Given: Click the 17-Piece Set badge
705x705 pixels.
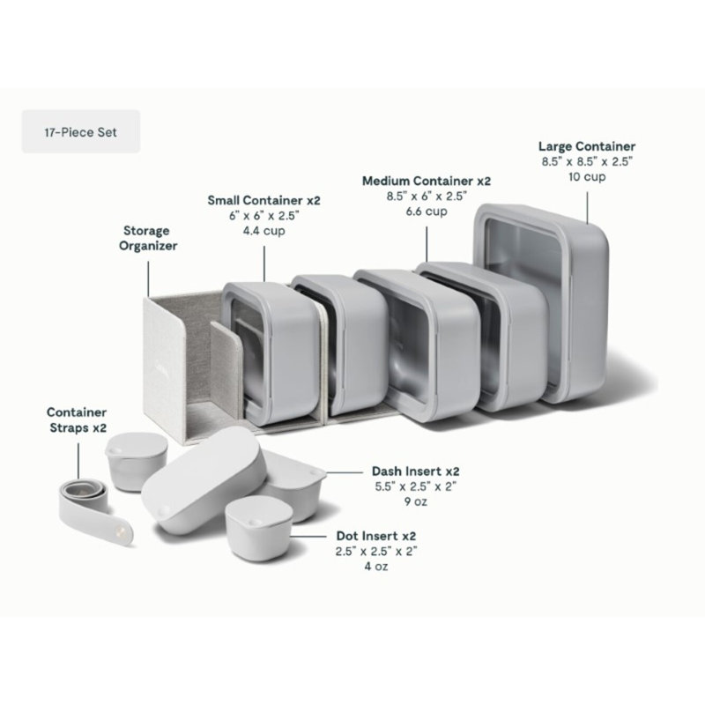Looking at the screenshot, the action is pyautogui.click(x=81, y=131).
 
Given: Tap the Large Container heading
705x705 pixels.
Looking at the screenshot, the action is pyautogui.click(x=587, y=146).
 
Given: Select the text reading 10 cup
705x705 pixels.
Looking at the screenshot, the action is pyautogui.click(x=587, y=177).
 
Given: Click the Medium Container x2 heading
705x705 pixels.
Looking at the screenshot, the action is pyautogui.click(x=427, y=181).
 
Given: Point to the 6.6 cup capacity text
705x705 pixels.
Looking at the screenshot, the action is pyautogui.click(x=427, y=211).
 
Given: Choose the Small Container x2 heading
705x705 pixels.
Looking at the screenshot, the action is pyautogui.click(x=263, y=200).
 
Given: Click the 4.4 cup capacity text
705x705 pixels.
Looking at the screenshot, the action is pyautogui.click(x=263, y=231).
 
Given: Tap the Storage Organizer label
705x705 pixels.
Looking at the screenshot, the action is pyautogui.click(x=148, y=238).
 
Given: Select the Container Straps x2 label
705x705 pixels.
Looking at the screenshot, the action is pyautogui.click(x=78, y=420).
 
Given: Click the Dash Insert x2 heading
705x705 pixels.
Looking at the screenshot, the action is pyautogui.click(x=415, y=471).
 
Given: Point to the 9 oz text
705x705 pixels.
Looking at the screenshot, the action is pyautogui.click(x=415, y=501).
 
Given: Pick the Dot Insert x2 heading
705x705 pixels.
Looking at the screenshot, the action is pyautogui.click(x=376, y=536).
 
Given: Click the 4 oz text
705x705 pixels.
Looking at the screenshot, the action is pyautogui.click(x=376, y=566).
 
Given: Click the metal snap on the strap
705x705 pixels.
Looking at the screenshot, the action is pyautogui.click(x=119, y=531).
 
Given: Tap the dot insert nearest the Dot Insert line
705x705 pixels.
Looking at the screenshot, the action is pyautogui.click(x=258, y=529).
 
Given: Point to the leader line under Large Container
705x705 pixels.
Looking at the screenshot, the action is pyautogui.click(x=587, y=207).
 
